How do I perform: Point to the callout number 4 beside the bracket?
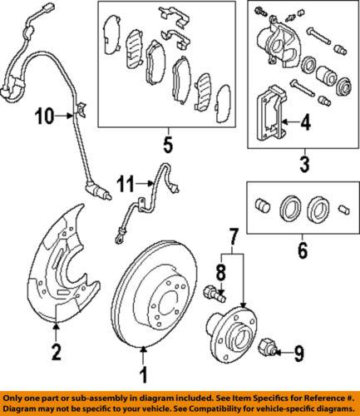304,125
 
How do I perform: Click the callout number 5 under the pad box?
168,148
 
